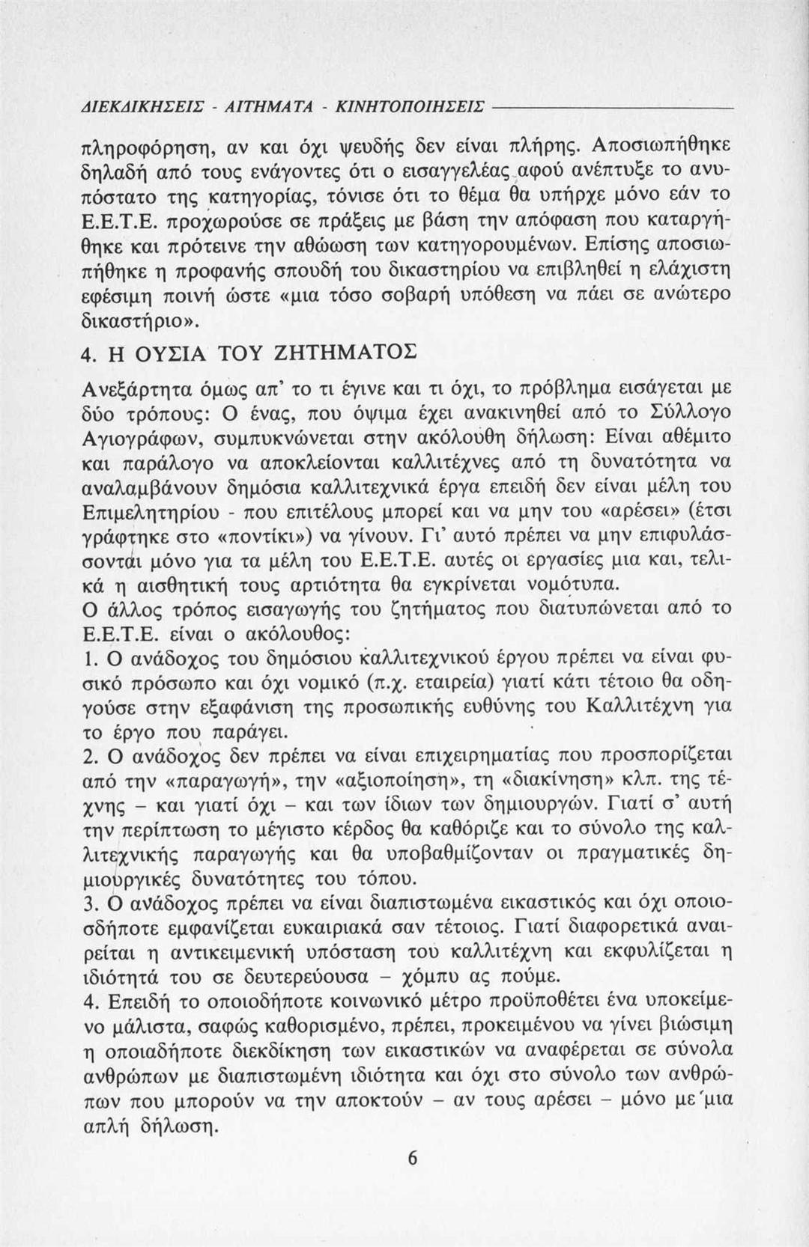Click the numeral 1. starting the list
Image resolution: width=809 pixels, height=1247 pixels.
pyautogui.click(x=85, y=660)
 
